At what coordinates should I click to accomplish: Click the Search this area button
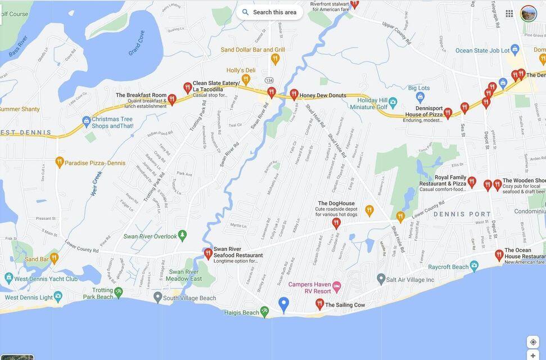(269, 12)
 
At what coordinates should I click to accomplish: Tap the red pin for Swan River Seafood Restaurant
(208, 253)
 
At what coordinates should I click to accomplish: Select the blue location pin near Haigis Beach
(284, 304)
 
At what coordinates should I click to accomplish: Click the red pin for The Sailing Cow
(319, 304)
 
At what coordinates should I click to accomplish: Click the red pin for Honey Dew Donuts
(294, 94)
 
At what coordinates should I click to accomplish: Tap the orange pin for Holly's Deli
(246, 79)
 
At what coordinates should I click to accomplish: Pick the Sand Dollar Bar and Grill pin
(275, 58)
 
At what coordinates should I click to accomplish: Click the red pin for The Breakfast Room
(172, 99)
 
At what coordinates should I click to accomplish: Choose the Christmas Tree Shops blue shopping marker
(86, 120)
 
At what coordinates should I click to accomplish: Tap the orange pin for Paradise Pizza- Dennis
(59, 162)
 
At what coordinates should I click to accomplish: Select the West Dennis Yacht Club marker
(8, 277)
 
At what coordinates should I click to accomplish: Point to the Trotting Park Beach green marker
(118, 291)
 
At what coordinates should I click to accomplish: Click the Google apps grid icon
(509, 13)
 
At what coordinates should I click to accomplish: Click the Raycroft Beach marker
(474, 265)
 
